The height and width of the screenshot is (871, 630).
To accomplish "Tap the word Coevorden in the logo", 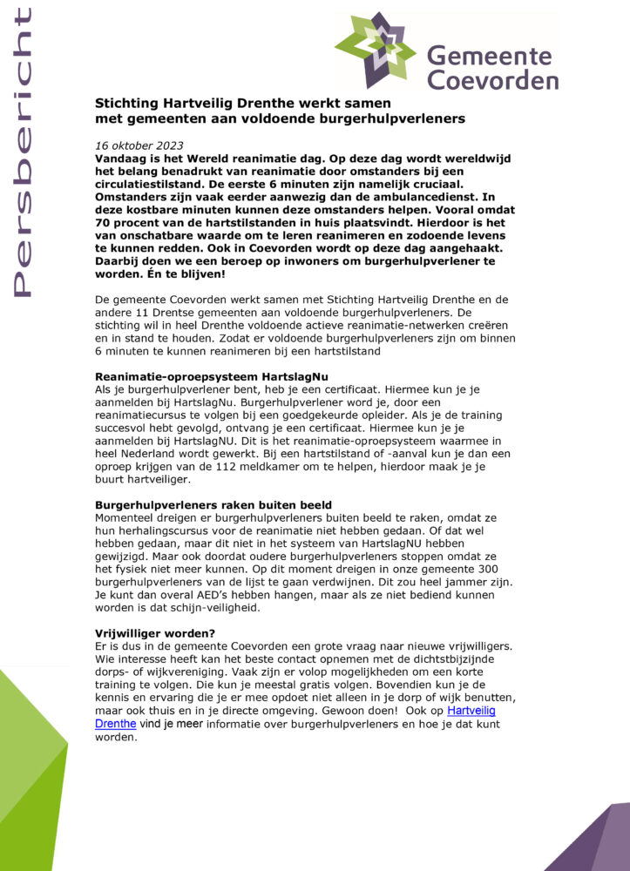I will point(492,81).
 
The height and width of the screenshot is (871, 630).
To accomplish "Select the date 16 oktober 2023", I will point(139,145).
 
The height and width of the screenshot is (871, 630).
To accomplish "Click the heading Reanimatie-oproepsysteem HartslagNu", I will point(205,376).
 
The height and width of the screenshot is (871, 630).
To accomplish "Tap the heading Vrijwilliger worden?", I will point(154,633).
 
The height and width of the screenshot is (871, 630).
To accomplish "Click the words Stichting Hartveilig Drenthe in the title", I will point(186,103).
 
